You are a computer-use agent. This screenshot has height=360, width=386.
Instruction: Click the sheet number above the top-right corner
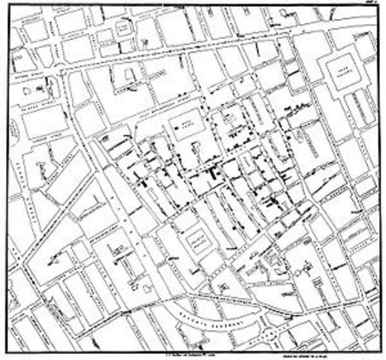[x=370, y=4]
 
